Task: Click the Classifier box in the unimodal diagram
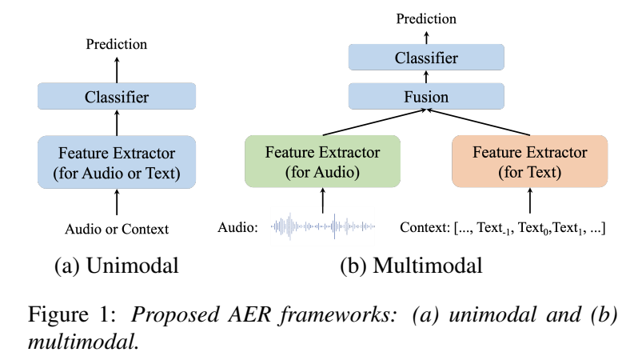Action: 117,96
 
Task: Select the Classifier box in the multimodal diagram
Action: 426,58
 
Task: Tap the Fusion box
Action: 426,96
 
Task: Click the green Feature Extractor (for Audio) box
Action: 323,162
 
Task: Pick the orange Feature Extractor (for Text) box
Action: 530,162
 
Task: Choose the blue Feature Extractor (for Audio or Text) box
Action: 117,162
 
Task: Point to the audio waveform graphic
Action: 323,226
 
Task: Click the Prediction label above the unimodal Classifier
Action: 116,44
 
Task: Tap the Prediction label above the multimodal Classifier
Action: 426,19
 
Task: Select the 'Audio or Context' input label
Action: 117,229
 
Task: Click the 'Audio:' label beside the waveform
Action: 238,227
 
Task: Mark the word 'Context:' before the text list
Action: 425,227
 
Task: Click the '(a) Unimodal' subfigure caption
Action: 117,266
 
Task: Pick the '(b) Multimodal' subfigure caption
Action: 411,266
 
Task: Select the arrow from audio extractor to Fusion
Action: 375,122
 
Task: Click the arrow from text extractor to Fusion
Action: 478,122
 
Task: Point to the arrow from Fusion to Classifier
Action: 426,77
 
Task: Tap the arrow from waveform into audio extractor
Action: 323,200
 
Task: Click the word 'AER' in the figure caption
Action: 249,315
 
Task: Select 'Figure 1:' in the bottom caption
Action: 72,315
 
